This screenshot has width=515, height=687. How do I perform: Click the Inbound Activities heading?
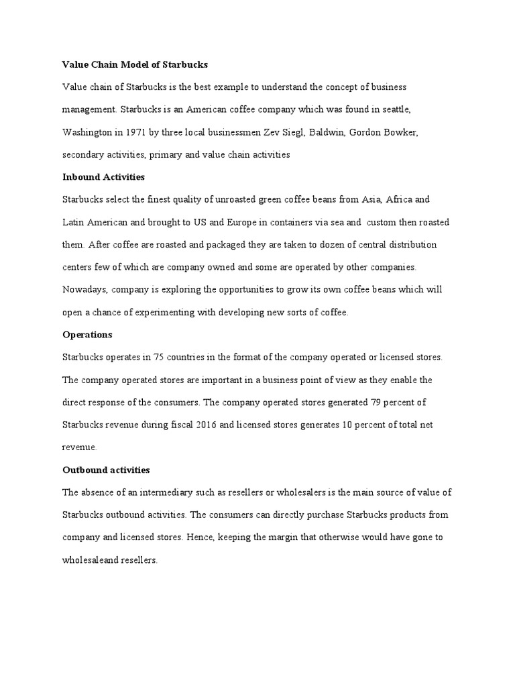(103, 177)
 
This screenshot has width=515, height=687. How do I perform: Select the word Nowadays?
(84, 290)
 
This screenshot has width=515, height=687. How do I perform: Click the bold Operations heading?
(87, 334)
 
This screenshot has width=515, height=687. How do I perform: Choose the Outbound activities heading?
(105, 470)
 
